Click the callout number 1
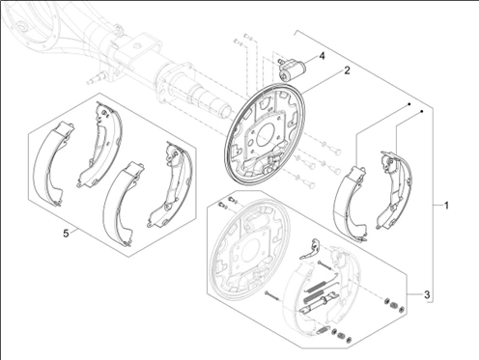446,206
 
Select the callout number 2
347,70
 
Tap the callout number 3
427,294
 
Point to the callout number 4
322,56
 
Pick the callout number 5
66,234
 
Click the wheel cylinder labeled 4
292,69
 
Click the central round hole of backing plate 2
266,133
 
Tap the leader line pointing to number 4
311,60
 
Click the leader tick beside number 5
74,230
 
